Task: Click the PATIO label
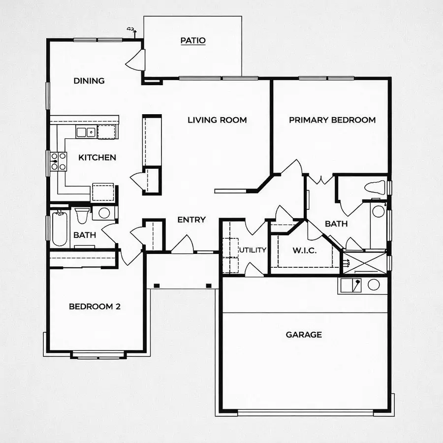pos(192,40)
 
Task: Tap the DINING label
pos(89,81)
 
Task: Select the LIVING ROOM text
pos(217,120)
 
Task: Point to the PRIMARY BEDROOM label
pos(332,120)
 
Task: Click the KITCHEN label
pos(97,158)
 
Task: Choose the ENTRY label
pos(191,220)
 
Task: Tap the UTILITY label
pos(253,250)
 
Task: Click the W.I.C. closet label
pos(305,251)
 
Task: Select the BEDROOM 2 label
pos(95,306)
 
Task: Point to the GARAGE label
pos(304,335)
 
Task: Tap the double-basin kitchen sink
pos(86,131)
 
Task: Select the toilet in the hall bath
pos(81,215)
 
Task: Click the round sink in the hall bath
pos(104,213)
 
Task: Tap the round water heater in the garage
pos(374,285)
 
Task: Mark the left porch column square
pos(156,285)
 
